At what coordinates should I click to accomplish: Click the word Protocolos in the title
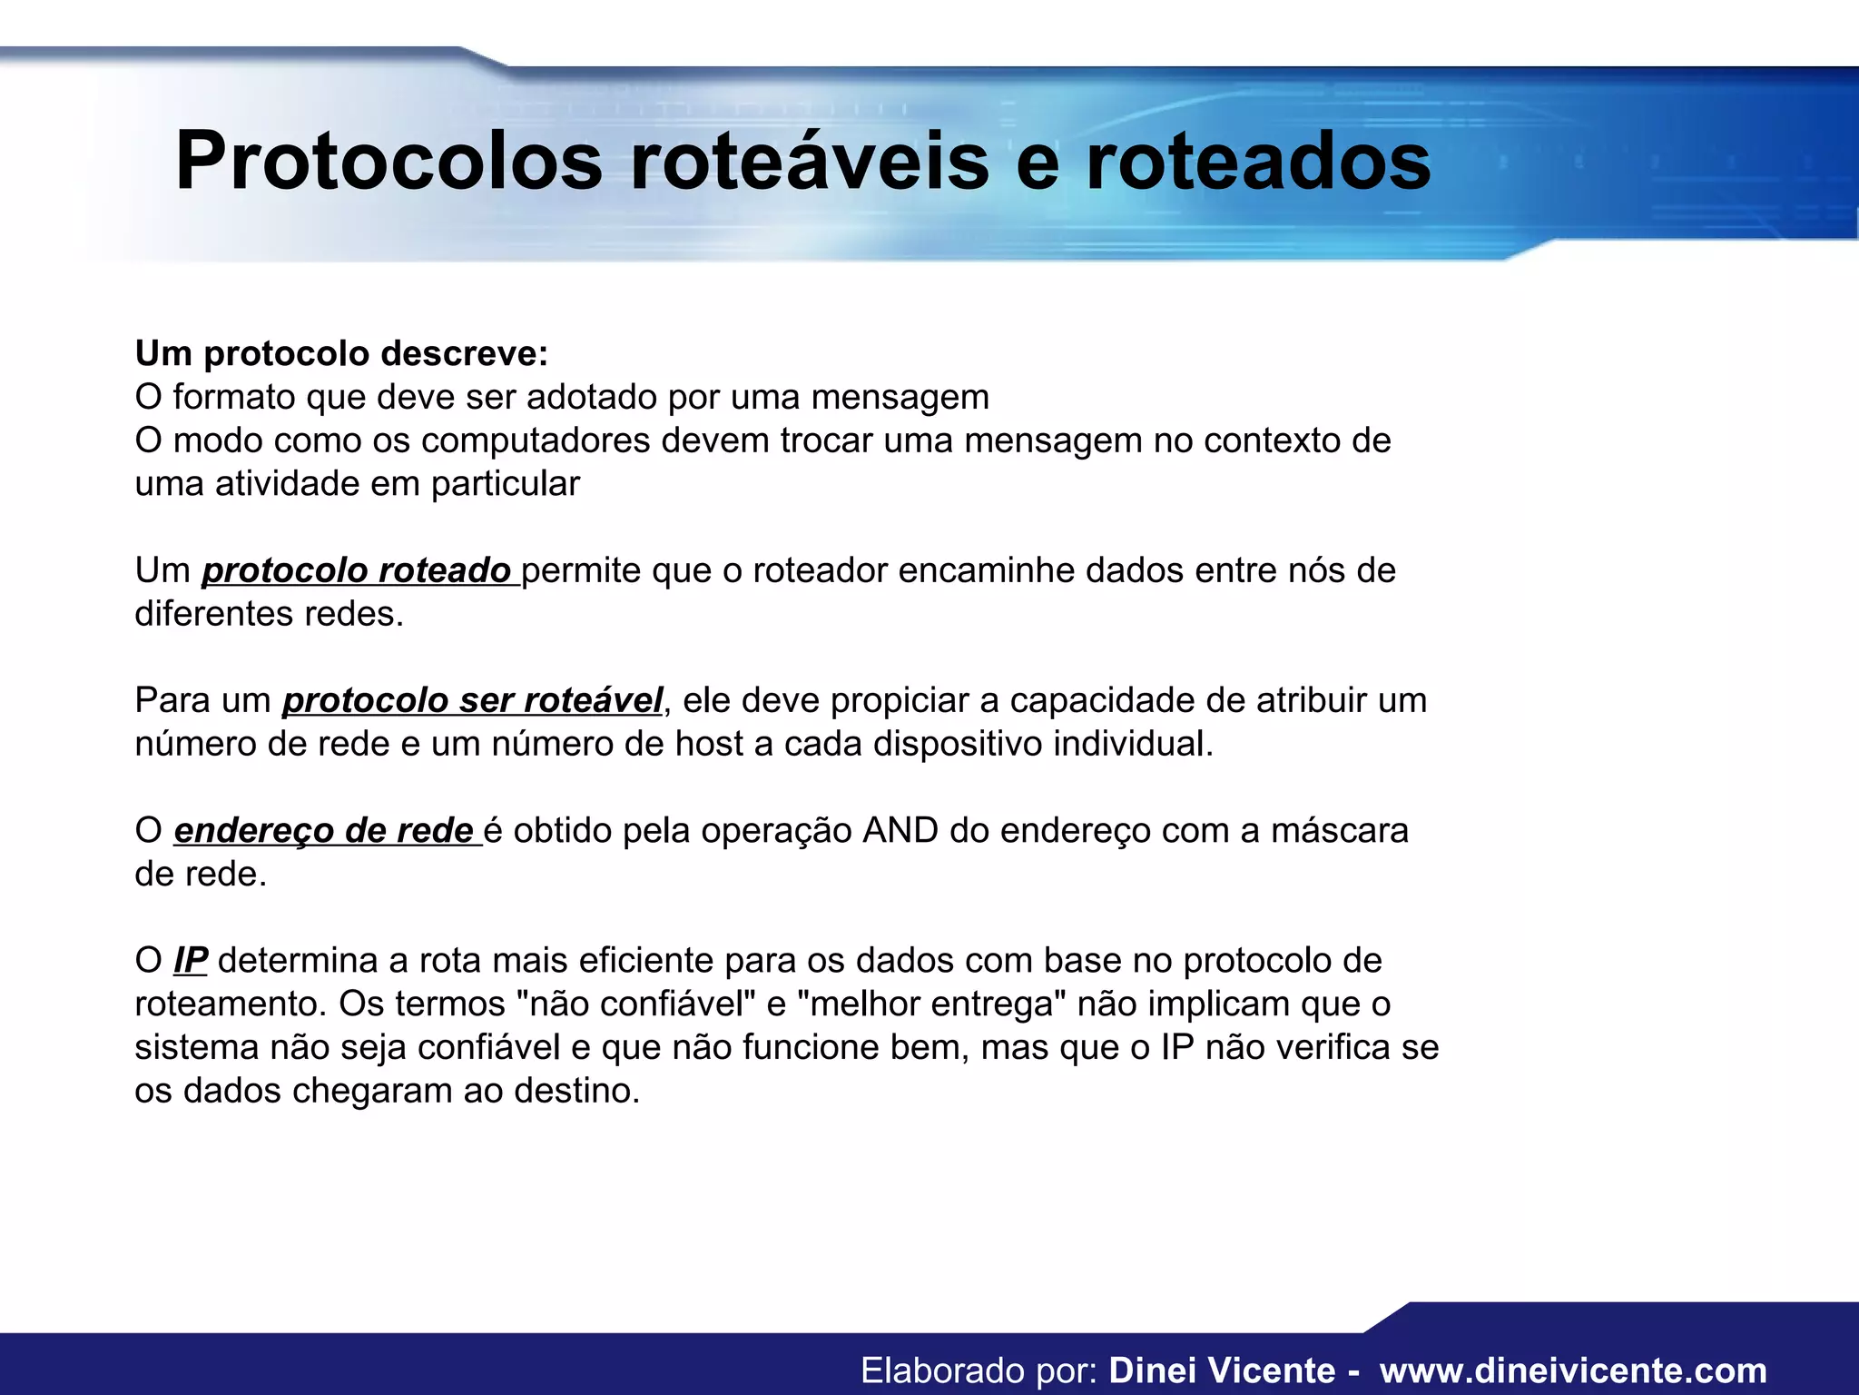point(389,162)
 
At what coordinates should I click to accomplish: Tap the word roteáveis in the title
point(808,162)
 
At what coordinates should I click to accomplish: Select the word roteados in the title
point(1258,162)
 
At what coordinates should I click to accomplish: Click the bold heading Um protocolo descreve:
point(341,353)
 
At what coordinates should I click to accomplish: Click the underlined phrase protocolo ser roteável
point(472,701)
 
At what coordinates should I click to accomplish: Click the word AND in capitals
point(900,831)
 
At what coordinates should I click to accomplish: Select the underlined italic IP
point(191,961)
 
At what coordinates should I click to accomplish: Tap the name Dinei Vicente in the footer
point(1222,1370)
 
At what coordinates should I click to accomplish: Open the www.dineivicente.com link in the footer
point(1573,1370)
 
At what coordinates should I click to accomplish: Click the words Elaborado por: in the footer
point(979,1370)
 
